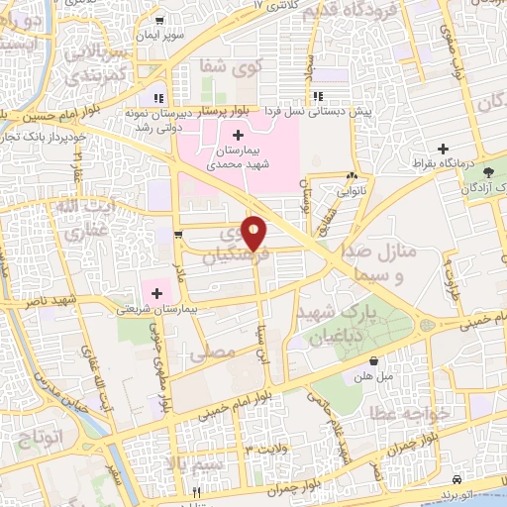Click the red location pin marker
click(254, 233)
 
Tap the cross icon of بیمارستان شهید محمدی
click(238, 135)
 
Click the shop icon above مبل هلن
click(372, 361)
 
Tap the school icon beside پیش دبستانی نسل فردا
click(318, 97)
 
